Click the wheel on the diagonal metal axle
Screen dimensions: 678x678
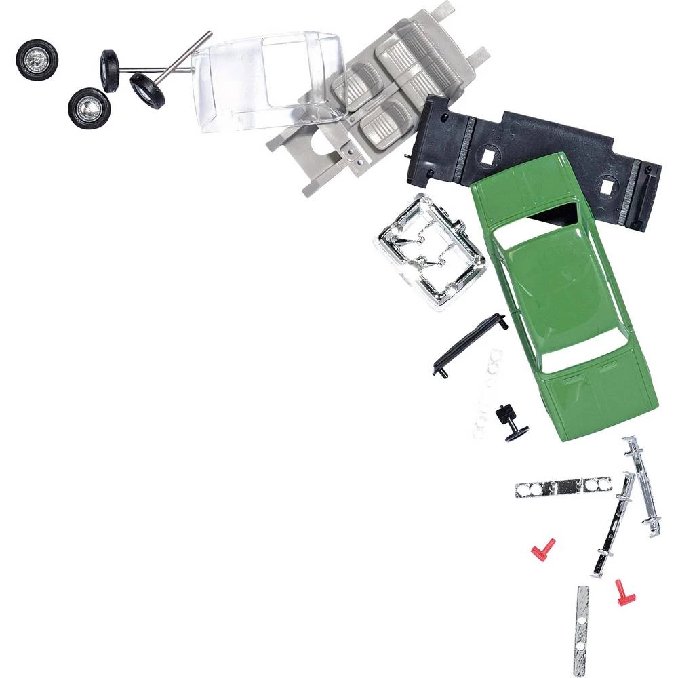(148, 91)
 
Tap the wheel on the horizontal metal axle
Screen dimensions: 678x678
(110, 71)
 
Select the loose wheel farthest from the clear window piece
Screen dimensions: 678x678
(37, 60)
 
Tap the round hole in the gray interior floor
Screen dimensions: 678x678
(317, 143)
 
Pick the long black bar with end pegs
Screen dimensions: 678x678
(469, 344)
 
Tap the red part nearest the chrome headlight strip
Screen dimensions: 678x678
(542, 549)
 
